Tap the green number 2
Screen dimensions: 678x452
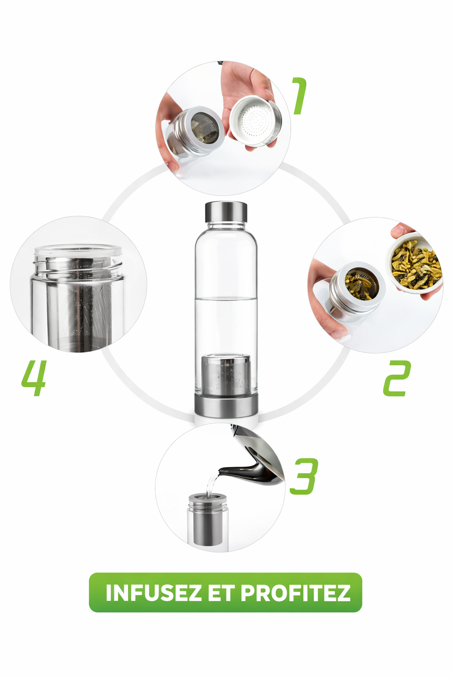pos(397,378)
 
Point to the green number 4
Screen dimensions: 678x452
pos(34,378)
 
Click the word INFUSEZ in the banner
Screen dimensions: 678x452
pos(153,593)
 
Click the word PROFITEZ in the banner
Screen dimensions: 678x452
pos(295,593)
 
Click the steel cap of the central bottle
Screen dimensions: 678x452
pos(226,212)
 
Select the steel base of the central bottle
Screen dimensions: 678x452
pos(226,405)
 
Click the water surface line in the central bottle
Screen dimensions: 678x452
pos(226,299)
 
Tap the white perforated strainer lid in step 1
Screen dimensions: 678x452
pos(255,120)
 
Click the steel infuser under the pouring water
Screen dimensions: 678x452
pos(207,521)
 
